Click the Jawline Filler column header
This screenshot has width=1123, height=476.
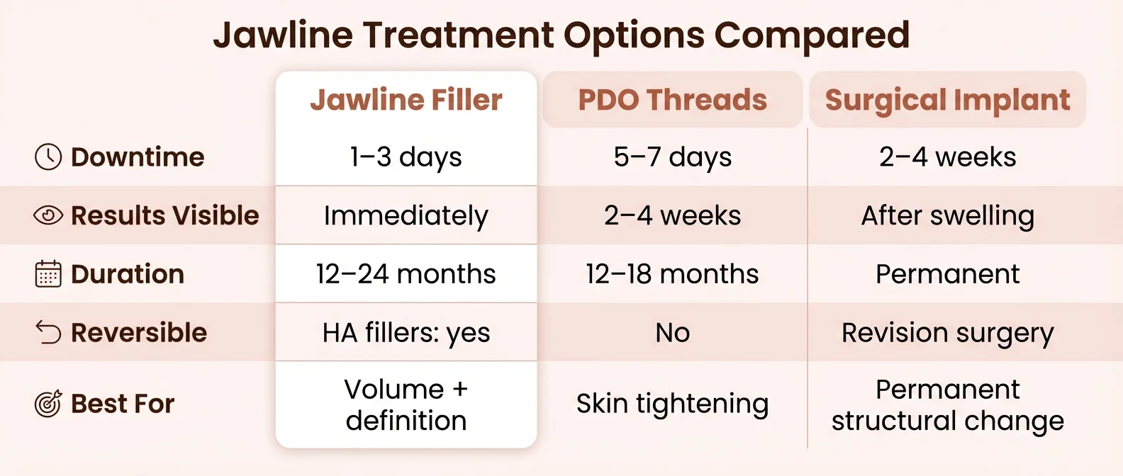click(x=406, y=100)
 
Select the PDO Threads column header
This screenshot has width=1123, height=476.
click(x=672, y=100)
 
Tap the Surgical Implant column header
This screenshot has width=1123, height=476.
click(x=947, y=100)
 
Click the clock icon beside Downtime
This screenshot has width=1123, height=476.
click(x=48, y=157)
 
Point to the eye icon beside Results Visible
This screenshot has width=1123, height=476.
click(x=48, y=215)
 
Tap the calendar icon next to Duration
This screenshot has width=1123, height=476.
click(x=48, y=274)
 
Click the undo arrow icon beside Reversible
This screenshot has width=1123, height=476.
click(x=48, y=332)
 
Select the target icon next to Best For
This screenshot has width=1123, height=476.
click(x=48, y=404)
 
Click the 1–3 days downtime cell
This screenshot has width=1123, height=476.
click(x=406, y=157)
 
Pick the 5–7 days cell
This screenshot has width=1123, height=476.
click(x=672, y=157)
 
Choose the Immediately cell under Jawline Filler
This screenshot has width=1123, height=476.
click(x=406, y=215)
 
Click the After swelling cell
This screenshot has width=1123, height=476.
click(x=947, y=215)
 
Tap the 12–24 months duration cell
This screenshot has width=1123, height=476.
click(x=406, y=274)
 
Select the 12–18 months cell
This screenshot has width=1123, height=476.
click(x=672, y=274)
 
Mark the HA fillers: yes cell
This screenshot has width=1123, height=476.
click(x=406, y=332)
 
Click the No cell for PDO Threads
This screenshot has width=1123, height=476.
click(x=672, y=332)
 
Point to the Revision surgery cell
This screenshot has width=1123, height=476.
click(x=947, y=332)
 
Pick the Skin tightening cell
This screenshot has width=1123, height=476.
click(x=672, y=404)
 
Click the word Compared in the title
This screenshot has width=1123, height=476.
click(x=811, y=35)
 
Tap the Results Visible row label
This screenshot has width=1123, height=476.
click(x=164, y=215)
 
